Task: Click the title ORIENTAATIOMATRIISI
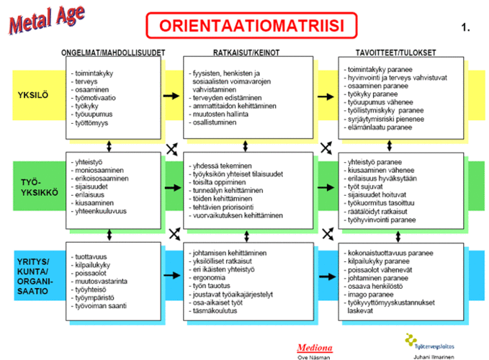(x=251, y=26)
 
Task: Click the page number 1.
(x=466, y=28)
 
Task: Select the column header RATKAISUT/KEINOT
(x=246, y=53)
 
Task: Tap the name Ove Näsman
(x=314, y=356)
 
